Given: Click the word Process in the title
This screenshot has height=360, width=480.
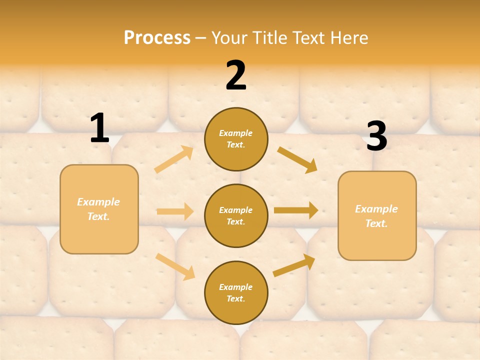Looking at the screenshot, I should coord(157,37).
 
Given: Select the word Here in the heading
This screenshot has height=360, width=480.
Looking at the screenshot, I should coord(348,37).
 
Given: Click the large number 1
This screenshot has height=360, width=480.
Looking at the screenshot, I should coord(99,128).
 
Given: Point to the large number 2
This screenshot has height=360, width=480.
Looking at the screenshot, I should coord(236,76).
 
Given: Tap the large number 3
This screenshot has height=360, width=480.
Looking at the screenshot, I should coord(376,136).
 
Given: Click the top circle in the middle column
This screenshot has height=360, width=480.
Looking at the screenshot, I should coord(236,139).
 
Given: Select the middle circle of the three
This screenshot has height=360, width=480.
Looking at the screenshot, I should coord(236,215).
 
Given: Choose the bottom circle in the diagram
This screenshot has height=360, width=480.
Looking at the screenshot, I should coord(236,292).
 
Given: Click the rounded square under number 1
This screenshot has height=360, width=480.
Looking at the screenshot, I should coord(99,209).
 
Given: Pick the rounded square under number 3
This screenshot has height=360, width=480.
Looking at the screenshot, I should coord(377,216).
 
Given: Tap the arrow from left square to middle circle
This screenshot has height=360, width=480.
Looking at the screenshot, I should coord(175,211).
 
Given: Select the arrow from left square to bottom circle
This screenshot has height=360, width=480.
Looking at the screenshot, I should coord(175,266).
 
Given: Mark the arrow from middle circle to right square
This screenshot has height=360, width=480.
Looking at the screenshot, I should coord(296,210).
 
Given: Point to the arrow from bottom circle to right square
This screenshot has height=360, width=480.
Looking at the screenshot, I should coord(294,265).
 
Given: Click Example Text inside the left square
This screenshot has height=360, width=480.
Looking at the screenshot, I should coord(98,209).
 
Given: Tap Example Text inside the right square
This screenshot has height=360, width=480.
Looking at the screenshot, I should coord(376,216).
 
